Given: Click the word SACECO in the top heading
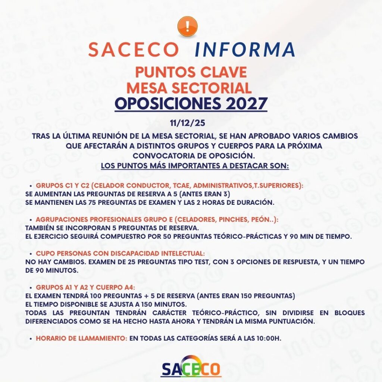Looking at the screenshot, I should (134, 50).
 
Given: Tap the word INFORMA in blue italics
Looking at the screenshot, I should (245, 50).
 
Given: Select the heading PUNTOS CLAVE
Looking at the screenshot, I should (191, 71).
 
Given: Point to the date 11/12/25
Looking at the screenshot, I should (191, 122).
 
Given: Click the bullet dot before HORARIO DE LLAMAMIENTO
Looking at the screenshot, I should (31, 339).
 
